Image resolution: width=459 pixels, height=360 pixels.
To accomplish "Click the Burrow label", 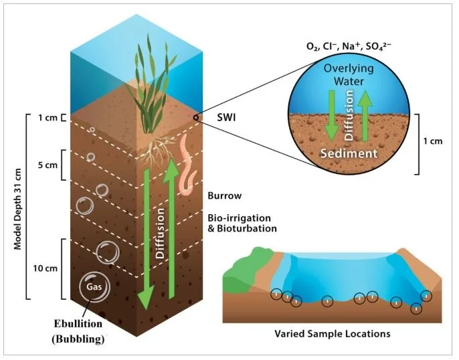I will (x=224, y=197).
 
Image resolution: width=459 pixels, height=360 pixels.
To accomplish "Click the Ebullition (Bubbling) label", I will (x=80, y=333).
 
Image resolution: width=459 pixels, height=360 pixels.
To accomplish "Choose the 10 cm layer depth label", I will (x=44, y=269).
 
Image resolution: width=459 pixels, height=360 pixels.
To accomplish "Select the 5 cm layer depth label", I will (x=45, y=165).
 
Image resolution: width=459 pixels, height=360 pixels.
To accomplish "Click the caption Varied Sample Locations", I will (x=333, y=333).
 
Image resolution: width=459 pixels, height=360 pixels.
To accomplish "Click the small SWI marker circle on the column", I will (x=195, y=118).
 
